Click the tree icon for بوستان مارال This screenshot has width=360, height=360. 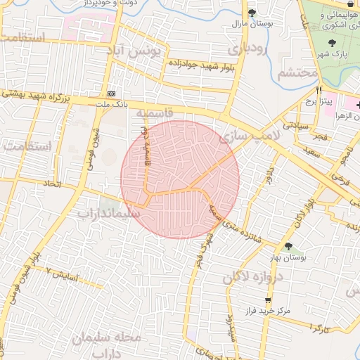[x=252, y=13]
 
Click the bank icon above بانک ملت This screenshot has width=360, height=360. [x=112, y=94]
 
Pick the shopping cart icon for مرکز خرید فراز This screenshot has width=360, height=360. [x=267, y=300]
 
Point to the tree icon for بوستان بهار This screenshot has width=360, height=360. [x=288, y=245]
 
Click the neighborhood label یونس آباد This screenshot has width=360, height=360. [x=134, y=51]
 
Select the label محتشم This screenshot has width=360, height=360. [x=297, y=73]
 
